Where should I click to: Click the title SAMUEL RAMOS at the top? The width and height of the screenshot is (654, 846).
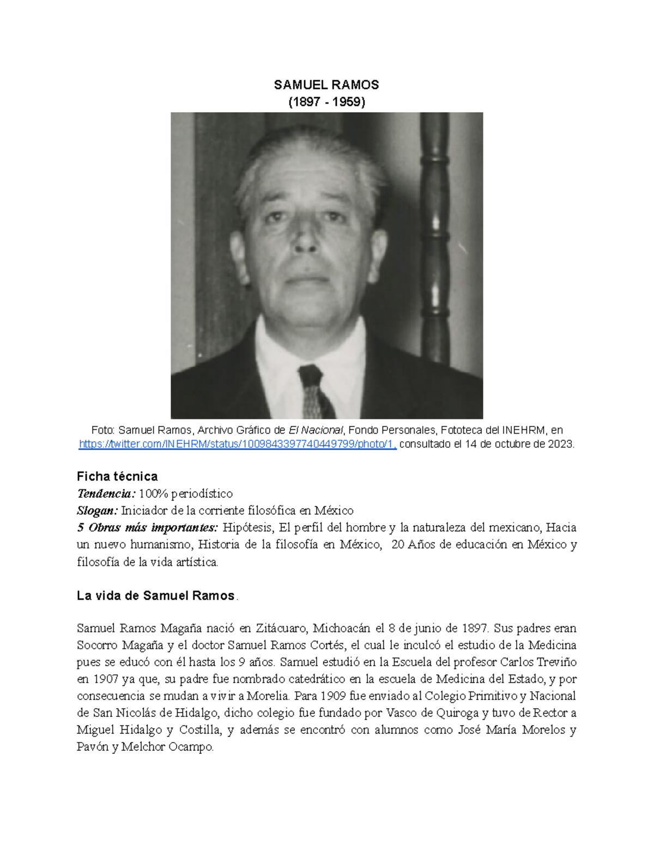pos(326,84)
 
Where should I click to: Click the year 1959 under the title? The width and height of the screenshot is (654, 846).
pos(347,101)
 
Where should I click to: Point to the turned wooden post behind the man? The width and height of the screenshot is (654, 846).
pos(435,229)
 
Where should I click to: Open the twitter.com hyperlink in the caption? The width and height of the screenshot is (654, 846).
pos(238,444)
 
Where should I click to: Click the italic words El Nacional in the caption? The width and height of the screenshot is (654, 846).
pos(316,430)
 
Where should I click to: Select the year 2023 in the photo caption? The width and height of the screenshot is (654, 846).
pos(560,444)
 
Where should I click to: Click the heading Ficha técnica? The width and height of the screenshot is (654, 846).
pos(117,476)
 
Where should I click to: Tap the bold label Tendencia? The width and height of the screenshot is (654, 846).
pos(106,494)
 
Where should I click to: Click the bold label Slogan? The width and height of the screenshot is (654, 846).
pos(97,510)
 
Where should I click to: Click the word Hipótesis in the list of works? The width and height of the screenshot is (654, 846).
pos(248,527)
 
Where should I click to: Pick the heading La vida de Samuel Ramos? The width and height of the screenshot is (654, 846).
pos(156,595)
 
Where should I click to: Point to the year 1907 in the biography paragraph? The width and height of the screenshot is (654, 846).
pos(105,679)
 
